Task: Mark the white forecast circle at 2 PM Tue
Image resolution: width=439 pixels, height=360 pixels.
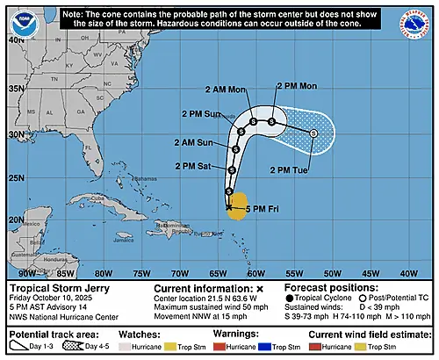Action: click(x=313, y=133)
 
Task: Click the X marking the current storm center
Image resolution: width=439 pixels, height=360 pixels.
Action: click(x=228, y=207)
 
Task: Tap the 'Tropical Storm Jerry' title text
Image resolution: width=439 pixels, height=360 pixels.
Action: click(x=54, y=287)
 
